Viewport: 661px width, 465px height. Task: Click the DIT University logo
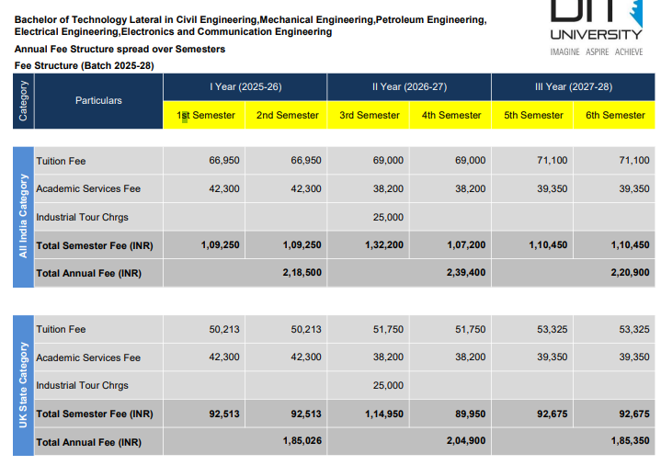coord(597,28)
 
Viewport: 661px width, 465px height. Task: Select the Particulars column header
coord(98,101)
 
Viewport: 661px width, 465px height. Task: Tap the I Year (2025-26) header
coord(245,87)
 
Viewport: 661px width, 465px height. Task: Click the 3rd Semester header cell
coord(370,115)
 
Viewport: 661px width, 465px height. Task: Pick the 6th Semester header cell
coord(615,115)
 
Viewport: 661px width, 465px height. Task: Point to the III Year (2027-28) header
coord(574,87)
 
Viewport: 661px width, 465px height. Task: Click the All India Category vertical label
coord(23,216)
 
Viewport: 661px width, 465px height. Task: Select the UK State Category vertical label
coord(23,385)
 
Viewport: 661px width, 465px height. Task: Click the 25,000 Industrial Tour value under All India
coord(388,217)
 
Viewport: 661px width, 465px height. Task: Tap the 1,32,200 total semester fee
coord(384,245)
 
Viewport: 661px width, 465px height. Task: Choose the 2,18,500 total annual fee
coord(302,272)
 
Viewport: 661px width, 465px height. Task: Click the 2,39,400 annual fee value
coord(466,272)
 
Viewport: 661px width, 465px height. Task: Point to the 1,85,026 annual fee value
coord(302,440)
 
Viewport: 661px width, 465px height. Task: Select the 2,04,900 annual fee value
coord(466,440)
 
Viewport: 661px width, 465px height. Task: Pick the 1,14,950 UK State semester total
coord(384,414)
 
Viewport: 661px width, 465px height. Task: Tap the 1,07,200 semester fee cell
coord(466,245)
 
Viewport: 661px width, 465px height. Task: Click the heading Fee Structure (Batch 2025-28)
coord(85,66)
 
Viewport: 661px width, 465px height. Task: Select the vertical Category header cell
coord(23,101)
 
